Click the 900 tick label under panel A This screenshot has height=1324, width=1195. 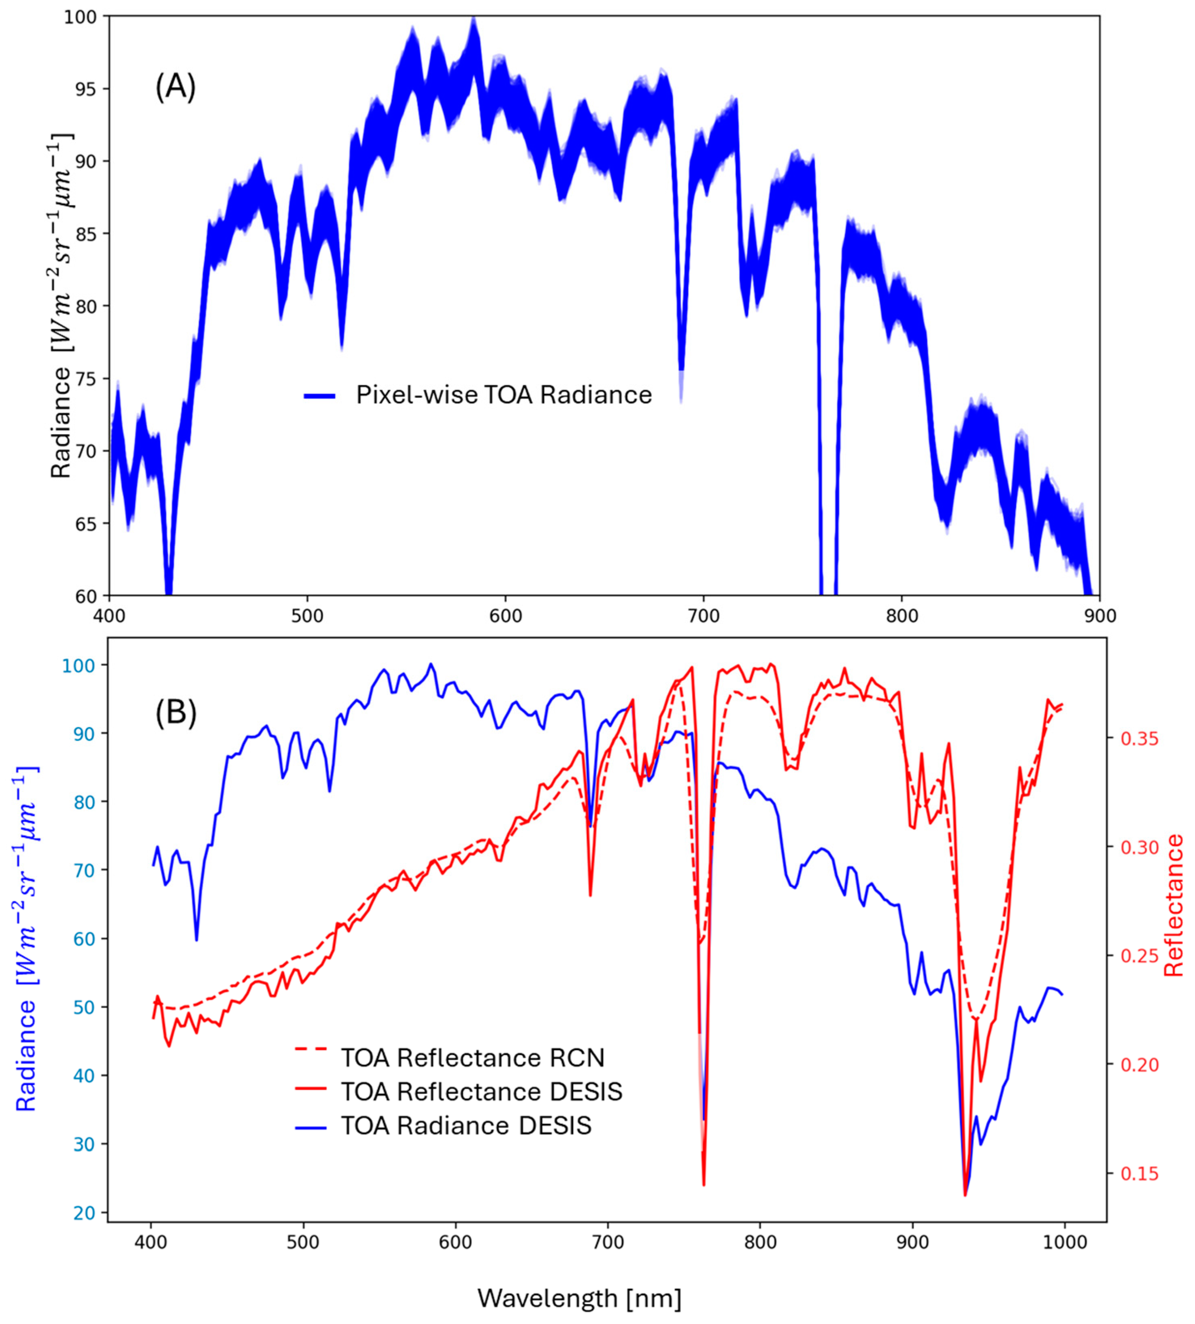1099,616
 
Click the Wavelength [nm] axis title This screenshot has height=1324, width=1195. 579,1298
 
